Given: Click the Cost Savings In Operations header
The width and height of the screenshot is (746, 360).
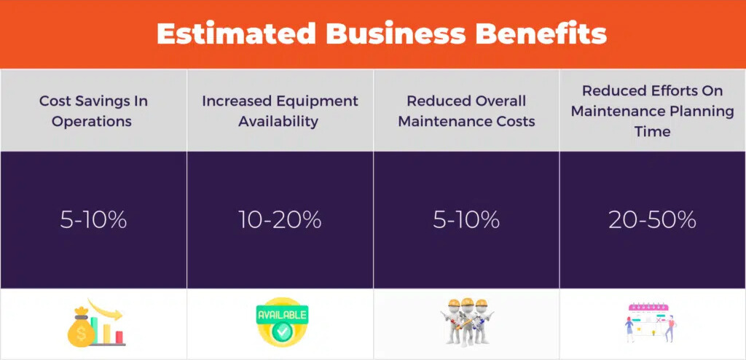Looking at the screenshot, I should click(93, 111).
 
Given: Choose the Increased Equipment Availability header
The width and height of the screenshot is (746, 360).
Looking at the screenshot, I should click(280, 111).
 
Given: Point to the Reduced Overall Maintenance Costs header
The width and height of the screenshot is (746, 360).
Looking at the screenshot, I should click(466, 111).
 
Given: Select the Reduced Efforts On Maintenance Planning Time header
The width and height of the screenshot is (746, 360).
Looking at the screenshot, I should click(652, 111).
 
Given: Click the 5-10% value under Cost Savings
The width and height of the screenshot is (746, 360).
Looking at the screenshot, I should click(93, 219).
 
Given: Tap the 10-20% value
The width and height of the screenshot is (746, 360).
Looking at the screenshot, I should click(280, 219).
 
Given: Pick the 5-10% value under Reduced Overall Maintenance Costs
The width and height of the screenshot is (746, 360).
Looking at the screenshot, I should click(466, 219).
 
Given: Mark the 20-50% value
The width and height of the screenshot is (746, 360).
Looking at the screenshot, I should click(652, 219).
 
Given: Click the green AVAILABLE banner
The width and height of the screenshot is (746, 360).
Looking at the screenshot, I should click(282, 315).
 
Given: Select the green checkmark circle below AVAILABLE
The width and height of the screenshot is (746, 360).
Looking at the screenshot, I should click(282, 332).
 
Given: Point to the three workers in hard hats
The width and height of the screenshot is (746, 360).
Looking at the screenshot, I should click(467, 323).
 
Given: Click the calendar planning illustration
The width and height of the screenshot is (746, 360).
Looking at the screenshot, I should click(651, 323).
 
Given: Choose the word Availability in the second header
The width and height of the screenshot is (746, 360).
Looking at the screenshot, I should click(280, 121).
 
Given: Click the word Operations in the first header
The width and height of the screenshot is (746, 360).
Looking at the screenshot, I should click(93, 121).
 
